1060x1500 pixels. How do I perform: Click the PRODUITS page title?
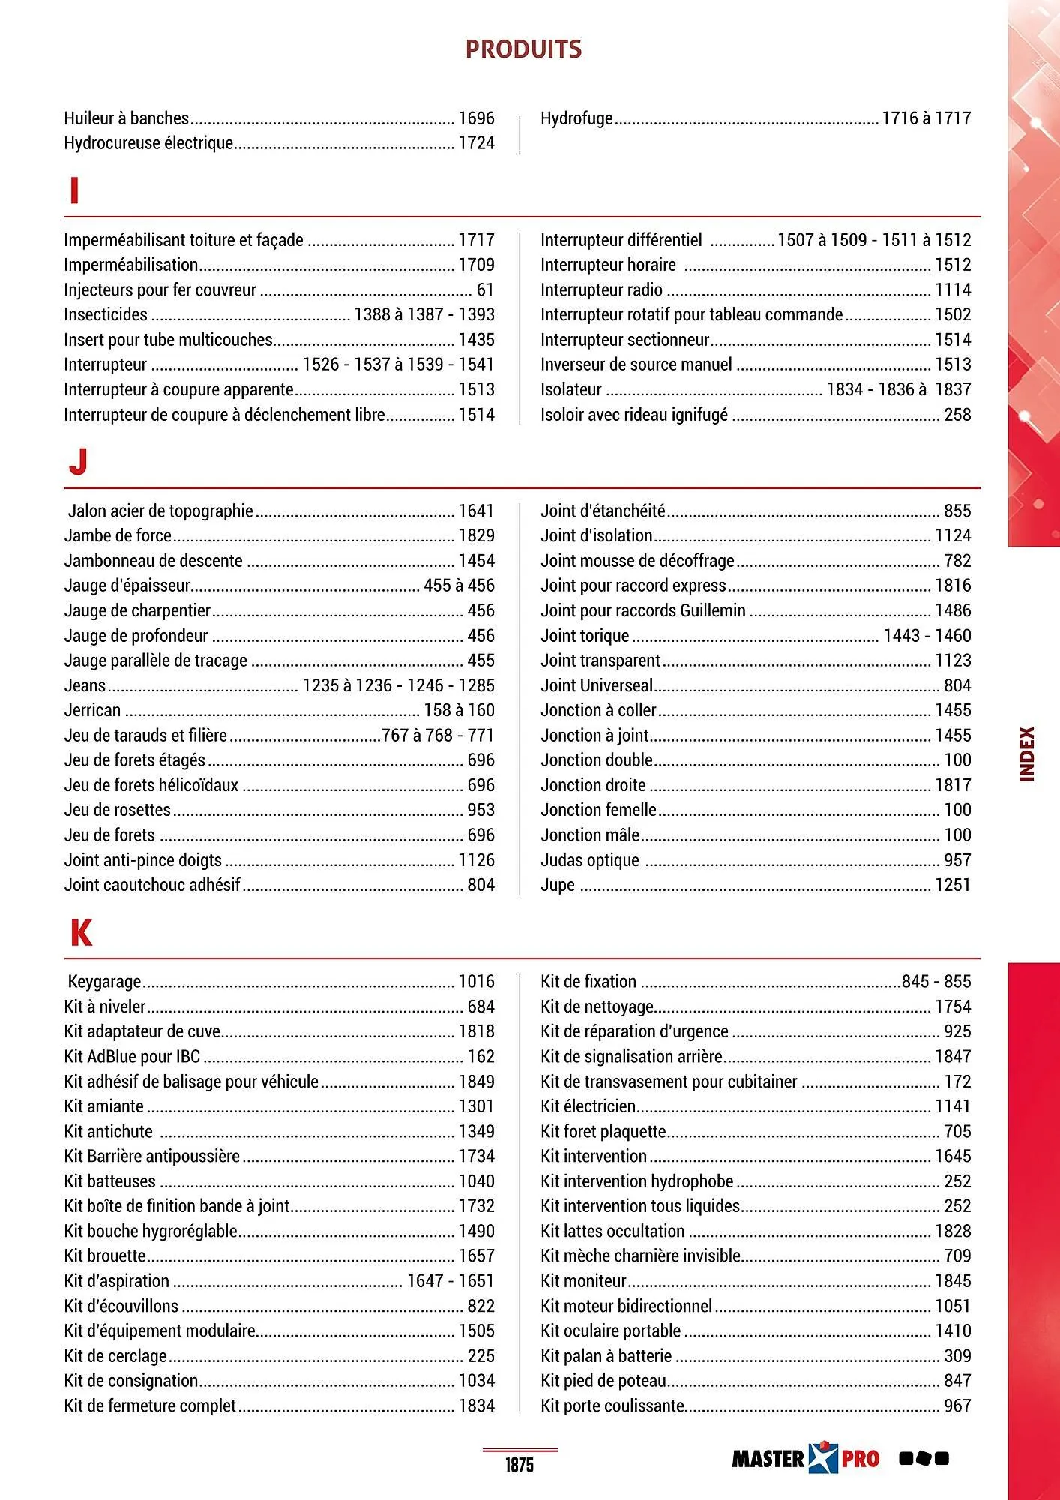coord(523,49)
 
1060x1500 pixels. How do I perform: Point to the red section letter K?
coord(81,933)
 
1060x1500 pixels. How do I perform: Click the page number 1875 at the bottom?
coord(519,1464)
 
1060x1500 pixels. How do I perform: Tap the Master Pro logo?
coord(805,1458)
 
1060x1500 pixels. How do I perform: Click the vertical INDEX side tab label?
coord(1027,754)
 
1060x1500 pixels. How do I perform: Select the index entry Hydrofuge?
coord(576,118)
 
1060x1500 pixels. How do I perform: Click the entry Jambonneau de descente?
coord(153,561)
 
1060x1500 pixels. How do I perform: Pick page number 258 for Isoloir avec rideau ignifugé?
coord(957,415)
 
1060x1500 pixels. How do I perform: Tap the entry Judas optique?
coord(590,860)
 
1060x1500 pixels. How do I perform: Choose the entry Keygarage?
coord(104,982)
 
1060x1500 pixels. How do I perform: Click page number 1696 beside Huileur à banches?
coord(476,118)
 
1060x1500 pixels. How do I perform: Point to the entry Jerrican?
coord(92,710)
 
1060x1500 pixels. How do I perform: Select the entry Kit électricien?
coord(588,1106)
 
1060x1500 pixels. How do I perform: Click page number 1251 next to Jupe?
coord(952,885)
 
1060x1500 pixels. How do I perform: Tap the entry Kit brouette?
coord(105,1255)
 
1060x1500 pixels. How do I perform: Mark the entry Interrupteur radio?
coord(601,289)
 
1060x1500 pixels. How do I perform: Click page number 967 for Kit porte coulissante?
coord(957,1405)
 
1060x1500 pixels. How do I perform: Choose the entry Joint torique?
coord(585,636)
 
